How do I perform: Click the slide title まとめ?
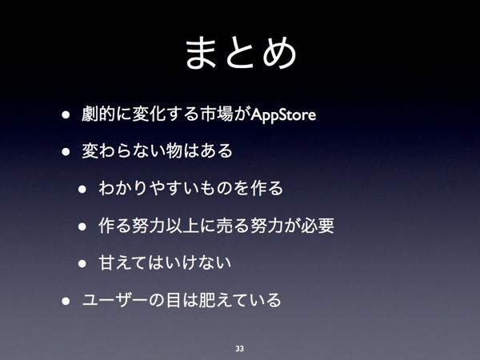(x=241, y=52)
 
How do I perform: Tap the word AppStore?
(x=283, y=114)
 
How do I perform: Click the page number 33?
(x=240, y=348)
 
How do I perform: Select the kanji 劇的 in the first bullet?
(x=98, y=114)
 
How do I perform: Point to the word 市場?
(x=217, y=114)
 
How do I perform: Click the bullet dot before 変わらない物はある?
(x=66, y=151)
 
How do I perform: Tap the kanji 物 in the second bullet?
(x=174, y=151)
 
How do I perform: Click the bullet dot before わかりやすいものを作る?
(x=82, y=189)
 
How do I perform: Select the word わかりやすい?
(x=149, y=188)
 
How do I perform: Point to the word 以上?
(x=182, y=226)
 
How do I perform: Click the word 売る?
(x=233, y=226)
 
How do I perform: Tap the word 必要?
(x=318, y=226)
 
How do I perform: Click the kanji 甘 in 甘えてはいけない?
(x=107, y=262)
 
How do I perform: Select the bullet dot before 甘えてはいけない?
(x=82, y=263)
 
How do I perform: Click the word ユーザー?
(x=115, y=300)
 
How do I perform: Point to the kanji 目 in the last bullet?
(x=174, y=300)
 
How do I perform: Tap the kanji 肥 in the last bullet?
(x=207, y=300)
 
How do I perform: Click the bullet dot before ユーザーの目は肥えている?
(x=66, y=301)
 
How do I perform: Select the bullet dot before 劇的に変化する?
(x=66, y=114)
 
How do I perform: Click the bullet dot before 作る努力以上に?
(x=82, y=226)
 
